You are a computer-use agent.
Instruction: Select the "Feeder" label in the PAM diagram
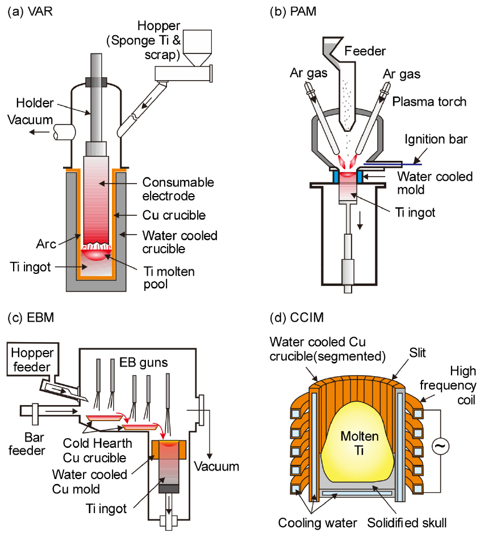click(367, 51)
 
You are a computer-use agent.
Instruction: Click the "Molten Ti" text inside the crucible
click(356, 443)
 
